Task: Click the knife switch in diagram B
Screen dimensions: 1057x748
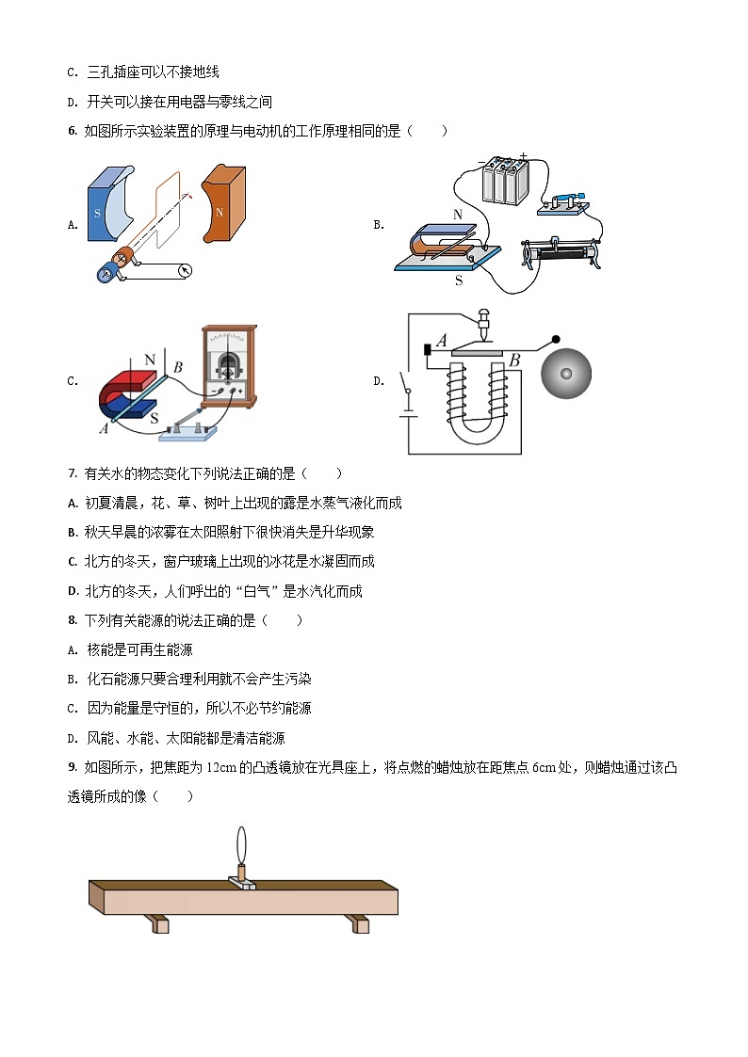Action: tap(561, 202)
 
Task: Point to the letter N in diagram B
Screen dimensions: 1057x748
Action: tap(458, 215)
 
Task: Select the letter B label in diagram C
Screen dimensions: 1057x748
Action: tap(177, 365)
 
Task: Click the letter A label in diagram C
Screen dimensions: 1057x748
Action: tap(103, 428)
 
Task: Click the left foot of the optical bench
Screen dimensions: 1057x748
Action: tap(161, 924)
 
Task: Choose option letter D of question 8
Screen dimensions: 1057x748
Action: tap(73, 739)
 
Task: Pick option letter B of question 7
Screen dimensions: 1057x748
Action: tap(73, 533)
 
